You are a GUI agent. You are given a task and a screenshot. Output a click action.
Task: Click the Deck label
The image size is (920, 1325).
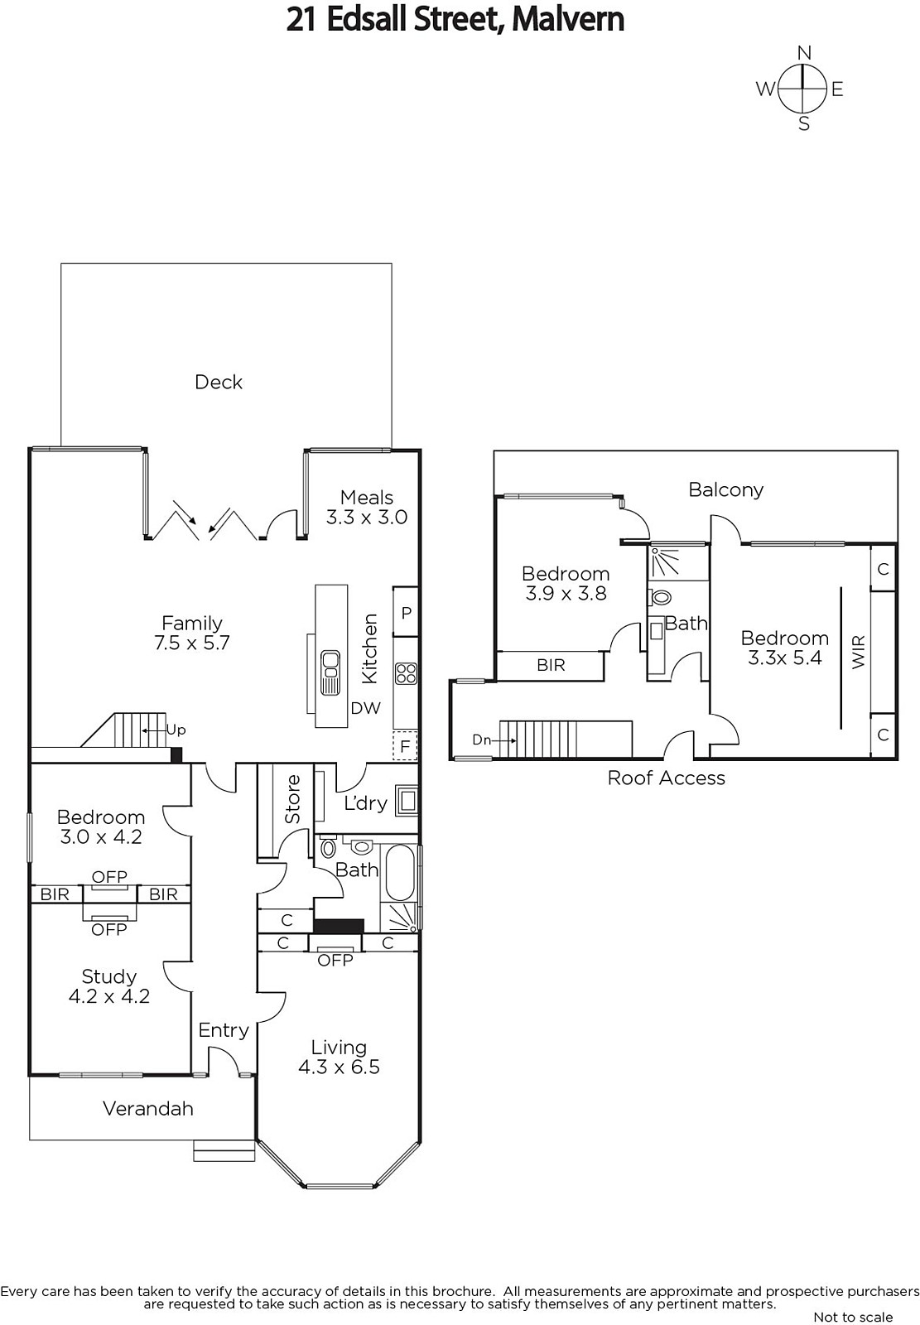pos(219,382)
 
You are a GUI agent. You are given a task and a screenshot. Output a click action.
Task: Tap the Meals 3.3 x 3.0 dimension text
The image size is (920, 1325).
pos(367,518)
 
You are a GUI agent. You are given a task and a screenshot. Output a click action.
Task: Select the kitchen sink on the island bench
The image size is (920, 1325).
pos(330,672)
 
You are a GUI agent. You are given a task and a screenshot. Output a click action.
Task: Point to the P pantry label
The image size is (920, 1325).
pos(407,613)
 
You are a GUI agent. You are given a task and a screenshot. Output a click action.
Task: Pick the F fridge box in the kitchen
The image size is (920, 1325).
pos(405,746)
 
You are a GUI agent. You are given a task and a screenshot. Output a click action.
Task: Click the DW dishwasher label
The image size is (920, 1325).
pos(366,708)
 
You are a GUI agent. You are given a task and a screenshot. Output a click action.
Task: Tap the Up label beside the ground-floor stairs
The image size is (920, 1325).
pos(176,730)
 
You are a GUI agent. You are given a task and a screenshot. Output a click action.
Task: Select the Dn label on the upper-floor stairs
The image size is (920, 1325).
pos(481,740)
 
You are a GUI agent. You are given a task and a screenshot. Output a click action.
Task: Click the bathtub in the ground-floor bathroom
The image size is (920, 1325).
pos(400,873)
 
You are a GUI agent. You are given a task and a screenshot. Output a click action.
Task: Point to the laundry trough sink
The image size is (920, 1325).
pos(407,801)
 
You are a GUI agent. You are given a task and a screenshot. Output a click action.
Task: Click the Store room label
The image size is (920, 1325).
pos(292,800)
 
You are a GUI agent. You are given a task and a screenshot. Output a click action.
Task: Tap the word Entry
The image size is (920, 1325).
pos(224,1030)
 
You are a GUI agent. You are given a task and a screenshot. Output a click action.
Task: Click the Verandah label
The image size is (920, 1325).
pos(148,1109)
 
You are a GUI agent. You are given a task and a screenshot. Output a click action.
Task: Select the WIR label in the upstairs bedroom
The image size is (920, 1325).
pos(859,652)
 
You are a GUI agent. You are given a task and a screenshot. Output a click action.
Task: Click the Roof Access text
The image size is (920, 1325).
pos(666,778)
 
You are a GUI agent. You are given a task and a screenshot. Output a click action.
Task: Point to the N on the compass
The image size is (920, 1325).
pos(804,53)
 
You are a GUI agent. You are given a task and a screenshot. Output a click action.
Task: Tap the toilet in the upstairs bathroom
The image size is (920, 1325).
pos(660,598)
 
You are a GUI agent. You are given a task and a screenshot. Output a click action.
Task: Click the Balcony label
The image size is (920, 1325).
pos(726,489)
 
